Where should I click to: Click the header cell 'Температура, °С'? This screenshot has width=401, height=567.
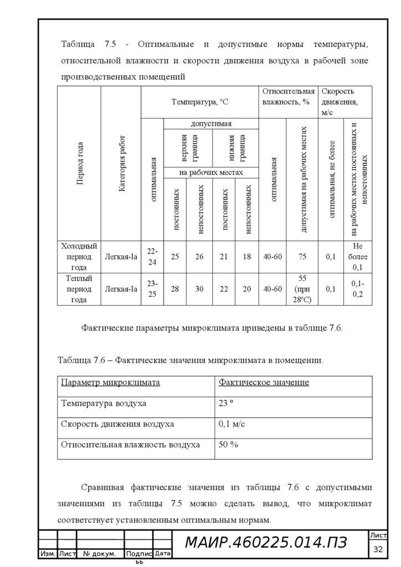tap(199, 102)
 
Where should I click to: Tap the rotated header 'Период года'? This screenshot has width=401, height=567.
tap(80, 163)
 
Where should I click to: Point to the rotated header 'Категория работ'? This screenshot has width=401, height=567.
tap(121, 163)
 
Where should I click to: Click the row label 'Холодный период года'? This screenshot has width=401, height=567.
tap(79, 257)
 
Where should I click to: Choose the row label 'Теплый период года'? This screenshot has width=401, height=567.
tap(79, 289)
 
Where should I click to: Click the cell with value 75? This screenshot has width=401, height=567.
tap(302, 257)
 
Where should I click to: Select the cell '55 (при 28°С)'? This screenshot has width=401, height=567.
tap(302, 289)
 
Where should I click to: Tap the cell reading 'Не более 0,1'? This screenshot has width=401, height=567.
tap(357, 257)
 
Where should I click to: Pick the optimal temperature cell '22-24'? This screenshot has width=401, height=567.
tap(152, 257)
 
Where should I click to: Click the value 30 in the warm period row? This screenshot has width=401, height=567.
tap(199, 289)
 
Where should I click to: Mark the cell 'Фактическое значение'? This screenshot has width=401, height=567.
tap(264, 383)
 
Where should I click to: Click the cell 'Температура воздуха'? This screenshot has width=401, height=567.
tap(104, 404)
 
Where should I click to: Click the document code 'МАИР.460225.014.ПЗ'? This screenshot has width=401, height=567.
tap(266, 543)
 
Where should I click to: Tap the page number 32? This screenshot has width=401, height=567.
tap(378, 549)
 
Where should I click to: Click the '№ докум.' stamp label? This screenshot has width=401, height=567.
tap(100, 554)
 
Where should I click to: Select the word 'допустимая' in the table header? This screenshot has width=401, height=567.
tap(211, 123)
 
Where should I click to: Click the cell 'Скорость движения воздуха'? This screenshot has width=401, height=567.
tap(117, 424)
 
